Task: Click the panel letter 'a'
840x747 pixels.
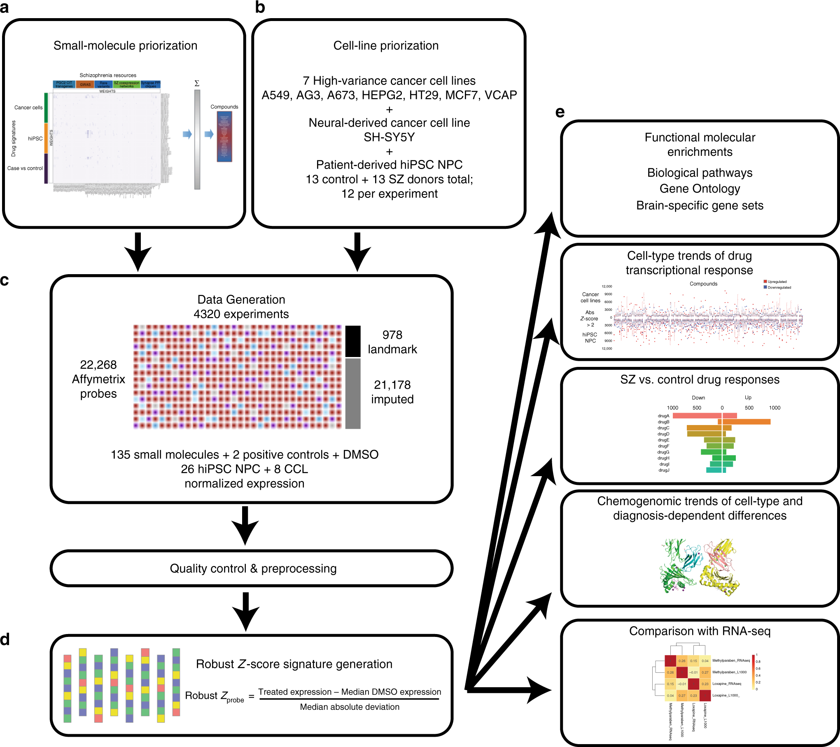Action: [5, 7]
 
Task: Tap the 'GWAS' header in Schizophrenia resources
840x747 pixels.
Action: [85, 85]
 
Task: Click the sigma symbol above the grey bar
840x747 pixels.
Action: [197, 83]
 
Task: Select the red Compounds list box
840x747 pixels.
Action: [224, 136]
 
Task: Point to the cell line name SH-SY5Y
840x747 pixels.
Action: [389, 137]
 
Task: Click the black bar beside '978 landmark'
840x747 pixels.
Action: [353, 341]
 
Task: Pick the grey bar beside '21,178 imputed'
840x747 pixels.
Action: [353, 394]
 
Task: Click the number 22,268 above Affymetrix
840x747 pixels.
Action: [98, 365]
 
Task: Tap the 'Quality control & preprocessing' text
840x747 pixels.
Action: [253, 568]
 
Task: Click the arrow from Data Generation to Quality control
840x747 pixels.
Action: [245, 526]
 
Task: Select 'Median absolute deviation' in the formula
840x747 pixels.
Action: [350, 707]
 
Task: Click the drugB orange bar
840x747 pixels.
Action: [745, 422]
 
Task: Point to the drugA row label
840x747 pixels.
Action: [663, 416]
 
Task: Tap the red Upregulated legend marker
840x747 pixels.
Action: [765, 282]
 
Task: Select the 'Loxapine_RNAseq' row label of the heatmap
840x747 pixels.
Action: [727, 684]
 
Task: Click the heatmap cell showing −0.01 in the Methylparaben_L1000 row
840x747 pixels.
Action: [694, 672]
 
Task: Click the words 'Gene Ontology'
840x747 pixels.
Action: [700, 189]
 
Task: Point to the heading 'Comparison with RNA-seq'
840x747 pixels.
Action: [700, 631]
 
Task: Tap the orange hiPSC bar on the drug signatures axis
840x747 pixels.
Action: [46, 139]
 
